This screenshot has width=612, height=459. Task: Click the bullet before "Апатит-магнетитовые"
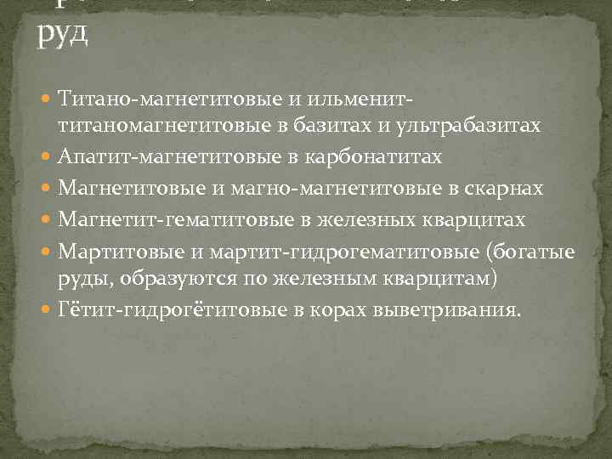click(48, 157)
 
